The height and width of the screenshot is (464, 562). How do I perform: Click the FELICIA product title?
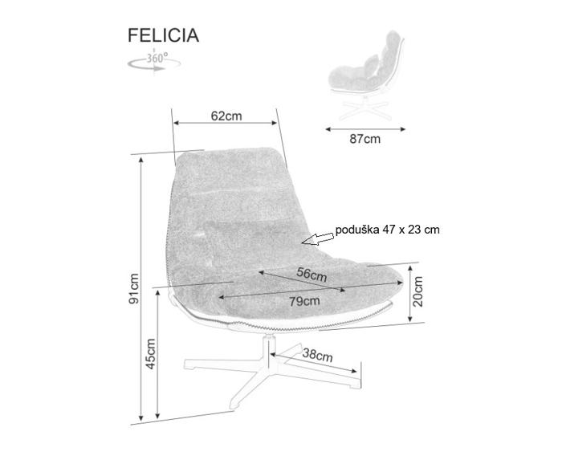click(163, 35)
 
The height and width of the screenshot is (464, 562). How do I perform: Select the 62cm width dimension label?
click(226, 116)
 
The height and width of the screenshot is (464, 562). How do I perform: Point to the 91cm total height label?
click(135, 289)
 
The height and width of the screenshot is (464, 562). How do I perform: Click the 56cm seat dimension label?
click(312, 274)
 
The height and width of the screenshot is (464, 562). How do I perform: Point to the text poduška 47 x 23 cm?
click(387, 230)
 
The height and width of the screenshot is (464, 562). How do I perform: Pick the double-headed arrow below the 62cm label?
click(226, 124)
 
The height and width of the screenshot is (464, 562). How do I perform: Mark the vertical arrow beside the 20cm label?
click(411, 294)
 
